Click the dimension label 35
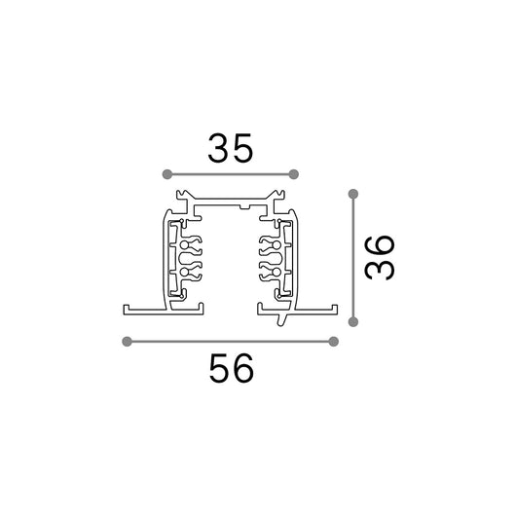click(x=231, y=148)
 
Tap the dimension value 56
click(x=232, y=368)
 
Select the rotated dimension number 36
click(x=380, y=258)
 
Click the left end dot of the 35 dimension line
click(x=167, y=174)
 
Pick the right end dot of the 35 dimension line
click(x=294, y=174)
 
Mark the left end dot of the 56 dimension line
click(x=127, y=342)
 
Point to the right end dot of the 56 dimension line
click(x=333, y=342)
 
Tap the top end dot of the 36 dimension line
click(x=353, y=194)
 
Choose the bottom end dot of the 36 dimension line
click(x=353, y=322)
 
